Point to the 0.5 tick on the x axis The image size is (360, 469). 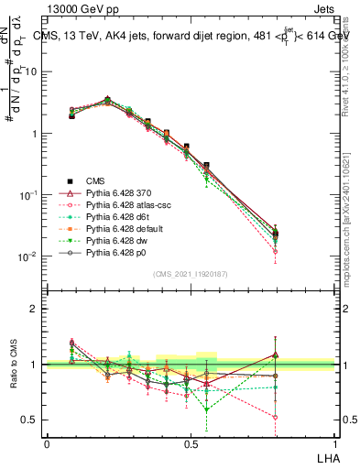(191, 443)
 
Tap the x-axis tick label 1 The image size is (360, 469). (335, 443)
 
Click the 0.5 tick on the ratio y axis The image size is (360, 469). (33, 420)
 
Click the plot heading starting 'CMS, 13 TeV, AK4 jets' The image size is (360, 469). (192, 36)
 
